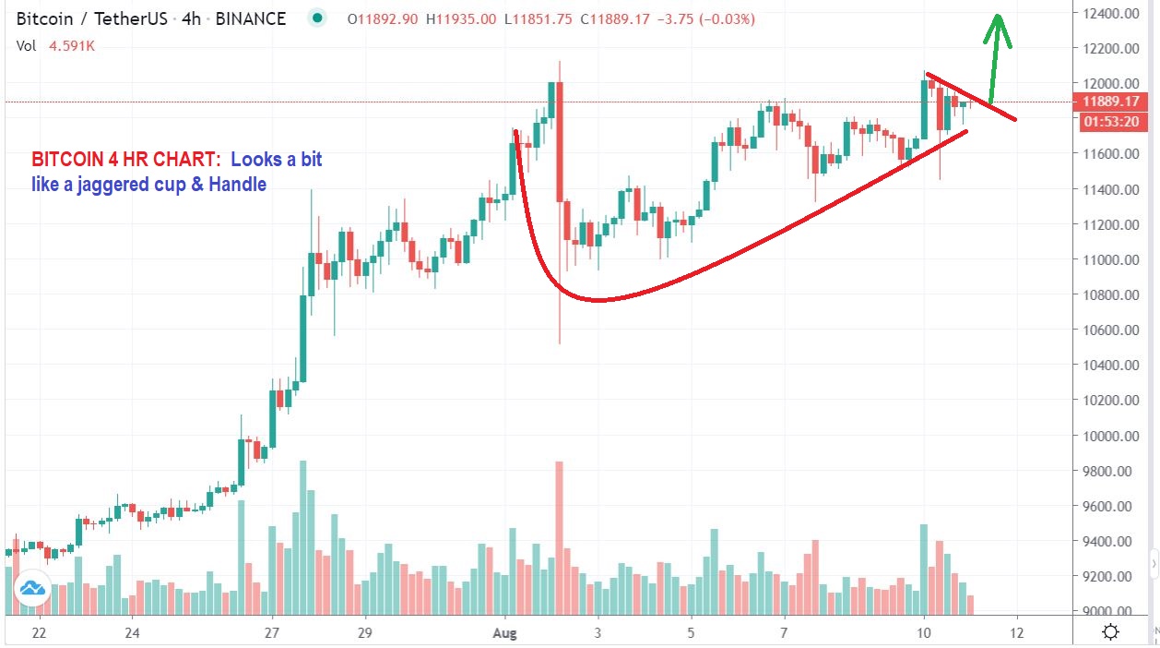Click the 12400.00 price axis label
[1109, 13]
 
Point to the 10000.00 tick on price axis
[1109, 436]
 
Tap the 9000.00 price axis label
[1109, 611]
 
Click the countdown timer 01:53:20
[1110, 121]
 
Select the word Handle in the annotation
[236, 185]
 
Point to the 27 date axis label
[272, 633]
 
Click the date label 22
[39, 633]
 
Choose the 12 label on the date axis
[1017, 633]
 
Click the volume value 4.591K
[73, 44]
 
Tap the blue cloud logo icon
[32, 588]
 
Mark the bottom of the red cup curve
[599, 300]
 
